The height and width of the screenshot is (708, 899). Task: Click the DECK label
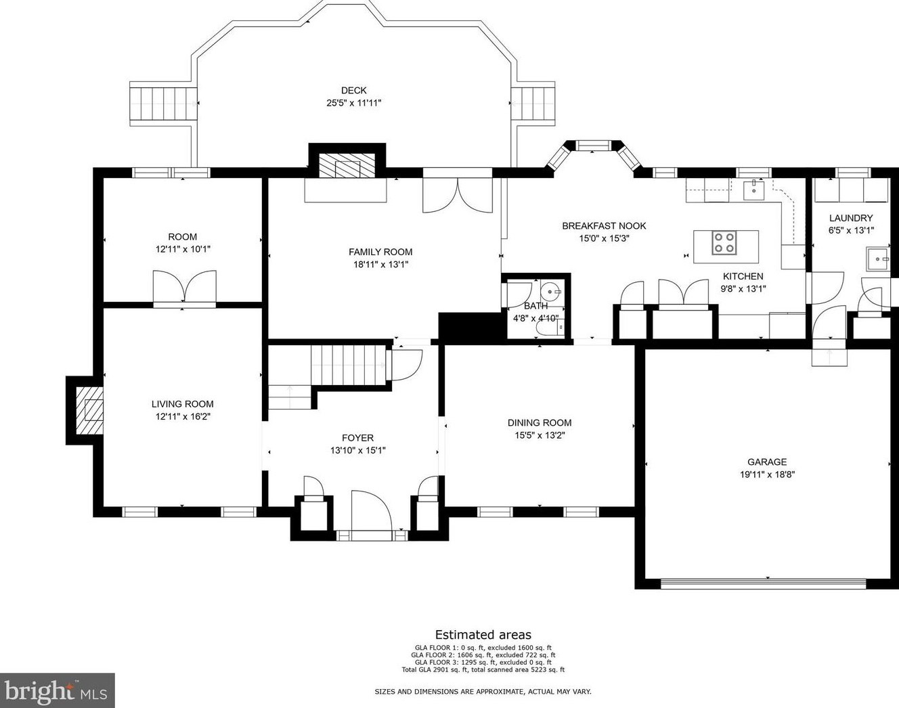[354, 90]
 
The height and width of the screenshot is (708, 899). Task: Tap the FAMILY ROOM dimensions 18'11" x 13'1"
[380, 265]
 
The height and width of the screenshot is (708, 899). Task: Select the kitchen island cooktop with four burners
[724, 243]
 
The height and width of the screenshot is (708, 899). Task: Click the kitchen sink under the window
[753, 190]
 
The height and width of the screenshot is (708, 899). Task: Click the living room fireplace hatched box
[89, 411]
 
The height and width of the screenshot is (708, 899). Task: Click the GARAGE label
[767, 462]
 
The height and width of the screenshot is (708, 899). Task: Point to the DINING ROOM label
[540, 422]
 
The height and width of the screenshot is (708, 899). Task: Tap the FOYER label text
[357, 438]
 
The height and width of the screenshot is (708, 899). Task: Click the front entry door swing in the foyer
[371, 510]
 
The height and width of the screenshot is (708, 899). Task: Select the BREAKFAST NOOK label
[604, 226]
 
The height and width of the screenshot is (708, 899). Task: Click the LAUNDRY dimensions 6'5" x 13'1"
[851, 230]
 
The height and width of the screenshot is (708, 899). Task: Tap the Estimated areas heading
[483, 635]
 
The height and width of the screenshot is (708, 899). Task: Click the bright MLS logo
[58, 690]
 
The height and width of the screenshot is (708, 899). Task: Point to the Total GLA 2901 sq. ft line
[483, 669]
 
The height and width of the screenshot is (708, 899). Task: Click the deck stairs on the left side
[163, 103]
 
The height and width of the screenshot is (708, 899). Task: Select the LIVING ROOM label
[183, 404]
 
